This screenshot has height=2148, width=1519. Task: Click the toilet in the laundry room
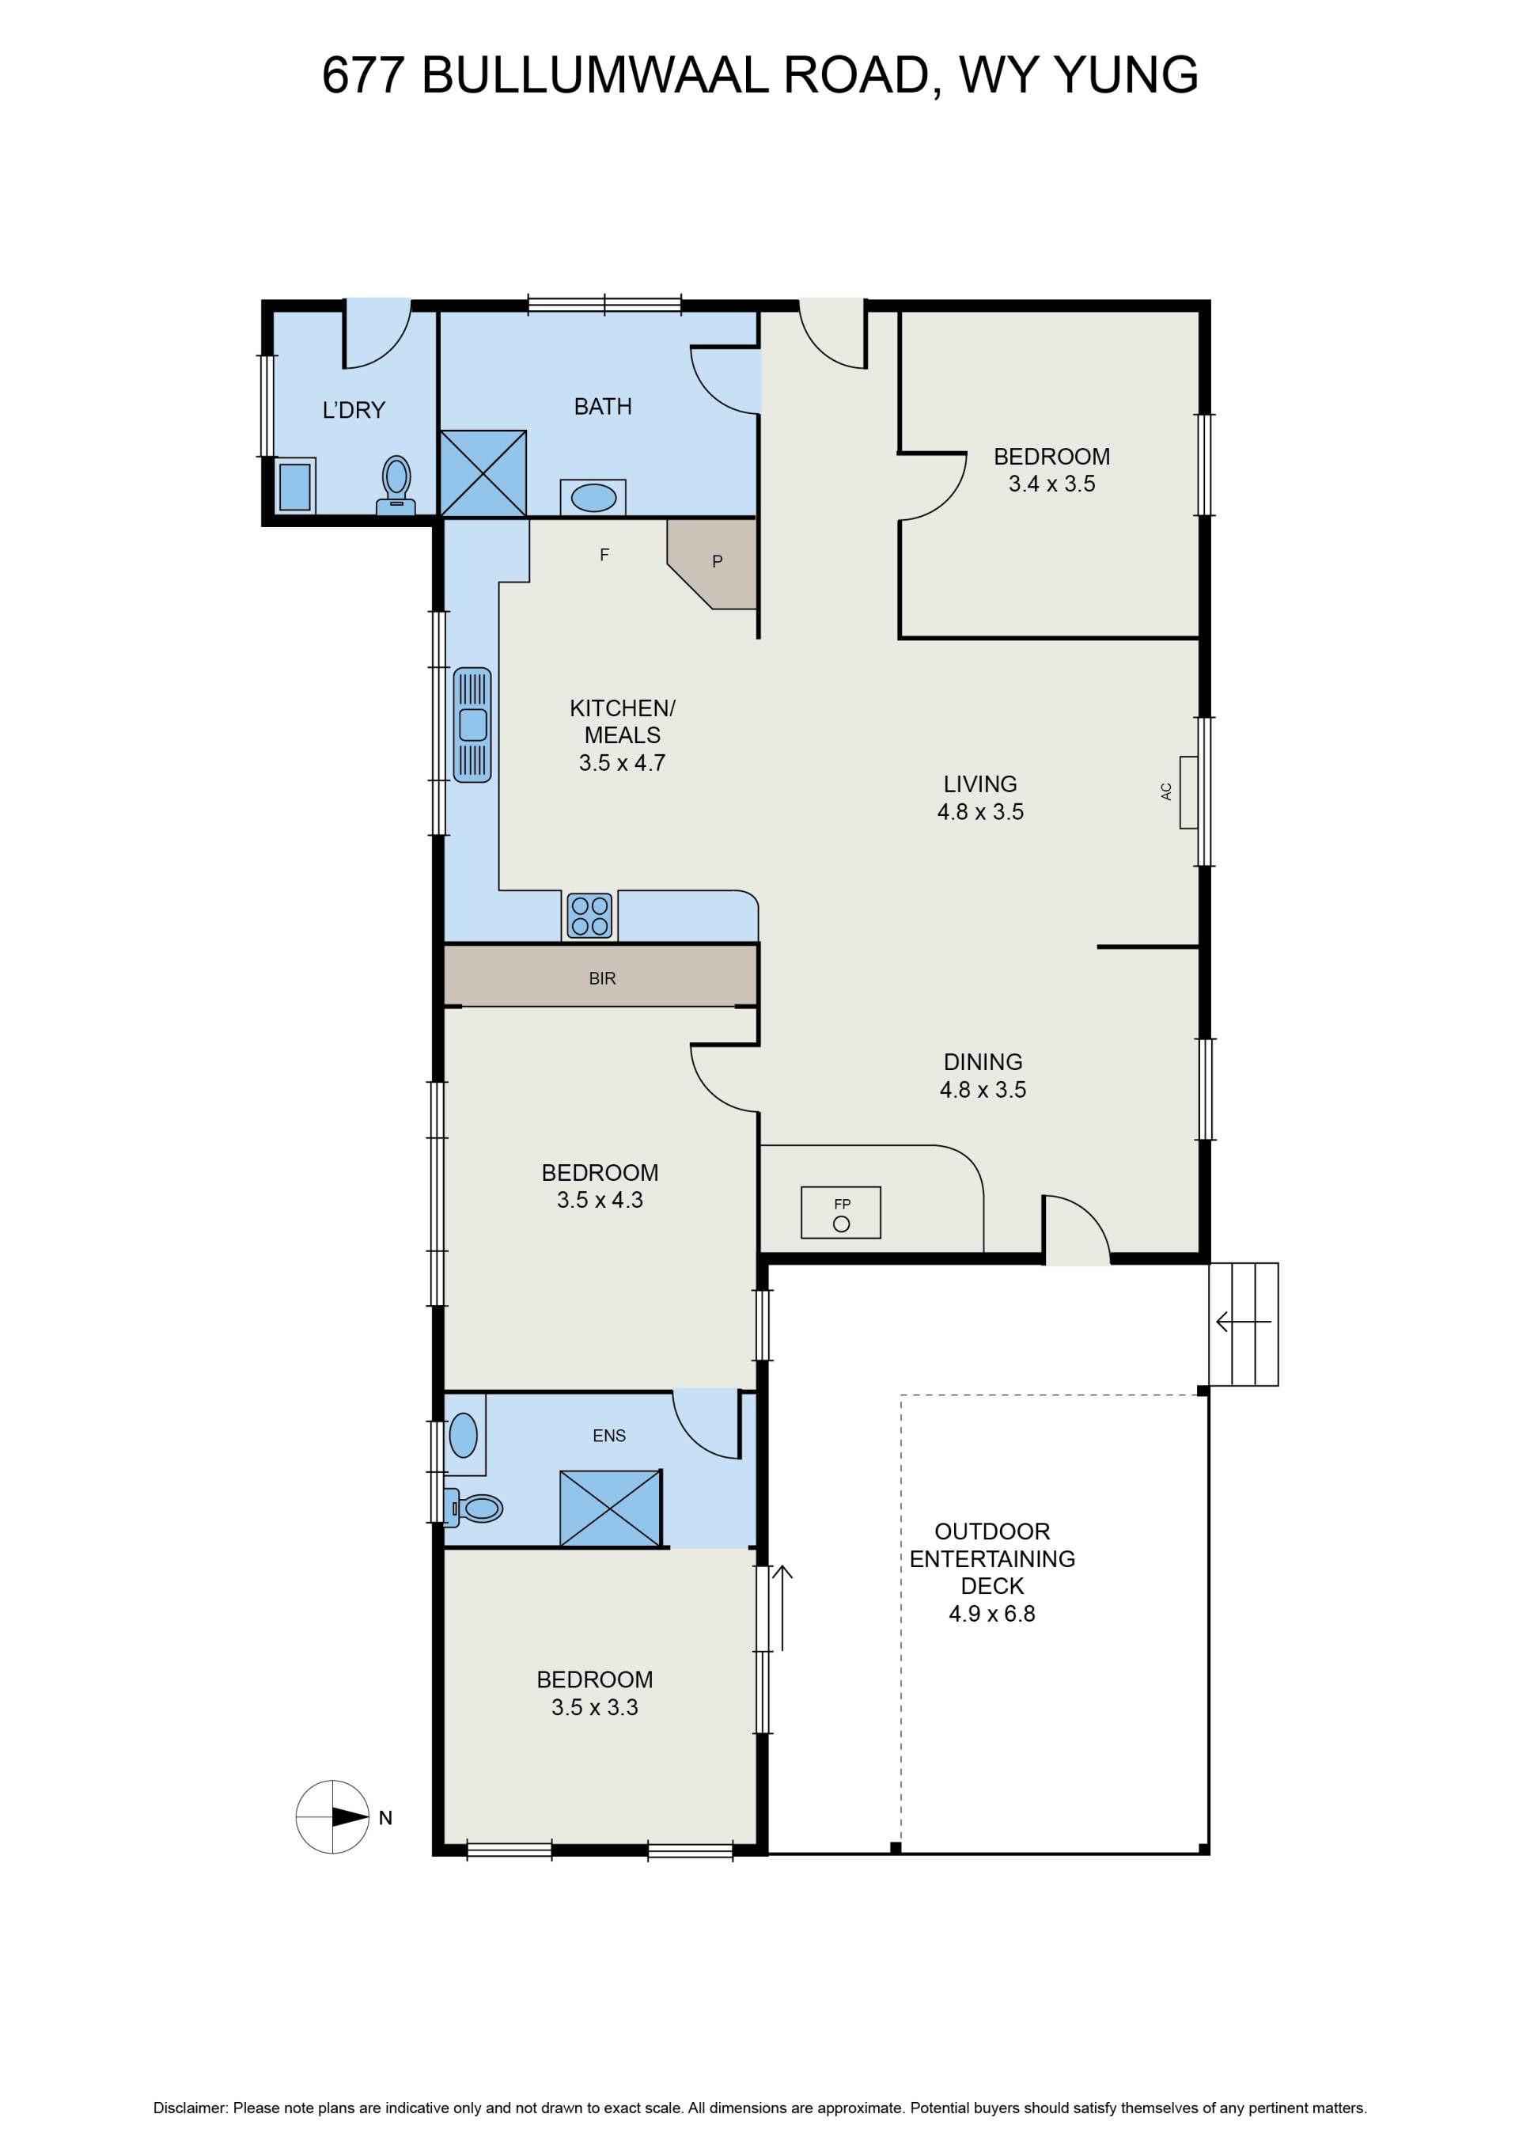(x=396, y=485)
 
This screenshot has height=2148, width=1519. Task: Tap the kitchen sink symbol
(x=472, y=724)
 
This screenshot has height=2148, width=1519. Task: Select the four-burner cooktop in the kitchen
(x=590, y=916)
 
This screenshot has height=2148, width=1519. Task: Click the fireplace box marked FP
(x=841, y=1213)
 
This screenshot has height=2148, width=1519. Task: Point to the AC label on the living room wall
(x=1166, y=791)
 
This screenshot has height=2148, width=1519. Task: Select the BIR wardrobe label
(x=602, y=978)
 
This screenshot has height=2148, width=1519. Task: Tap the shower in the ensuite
(x=611, y=1508)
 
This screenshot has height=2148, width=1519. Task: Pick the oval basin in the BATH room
(x=594, y=498)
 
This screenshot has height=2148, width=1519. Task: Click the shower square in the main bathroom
(x=483, y=473)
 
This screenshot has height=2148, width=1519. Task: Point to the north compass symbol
(x=333, y=1817)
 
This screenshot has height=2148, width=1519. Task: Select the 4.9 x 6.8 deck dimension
(x=992, y=1614)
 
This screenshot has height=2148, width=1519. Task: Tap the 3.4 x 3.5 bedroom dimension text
(x=1052, y=484)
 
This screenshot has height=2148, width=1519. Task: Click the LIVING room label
(x=980, y=784)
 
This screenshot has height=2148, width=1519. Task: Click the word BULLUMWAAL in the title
(x=596, y=75)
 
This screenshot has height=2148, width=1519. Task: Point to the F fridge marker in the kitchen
(x=604, y=555)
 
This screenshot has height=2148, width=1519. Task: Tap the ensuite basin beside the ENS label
(x=464, y=1435)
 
